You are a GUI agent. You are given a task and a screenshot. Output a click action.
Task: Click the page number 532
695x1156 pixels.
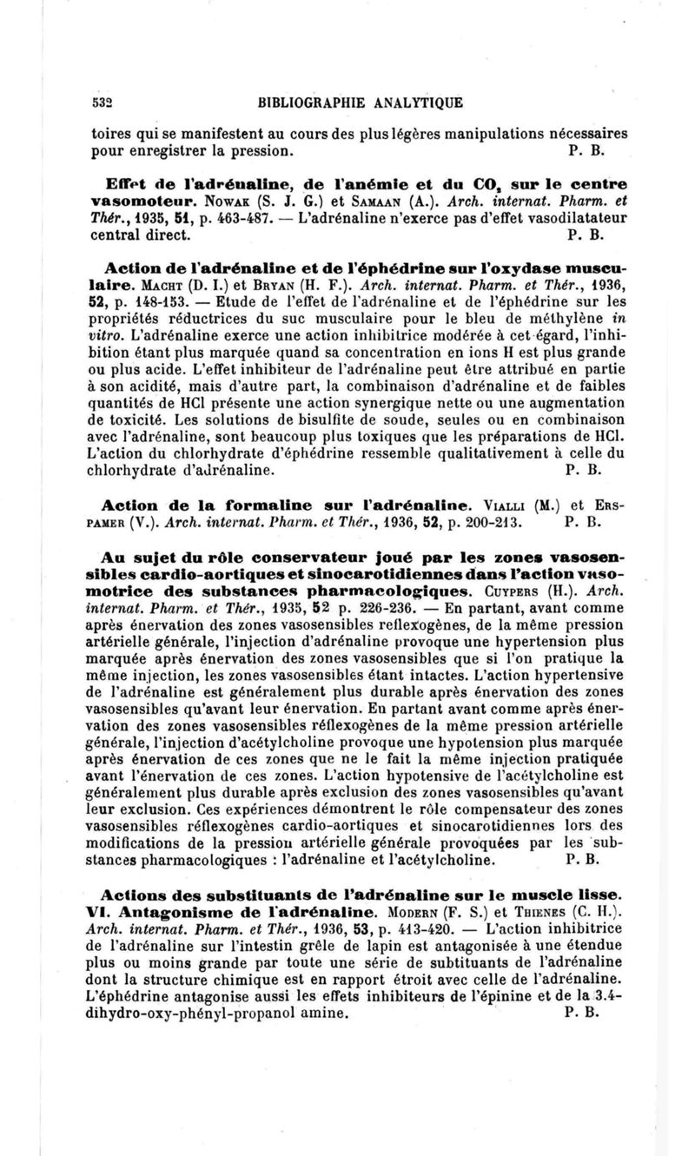pyautogui.click(x=104, y=102)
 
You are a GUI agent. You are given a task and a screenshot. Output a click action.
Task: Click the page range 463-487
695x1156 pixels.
pyautogui.click(x=208, y=218)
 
